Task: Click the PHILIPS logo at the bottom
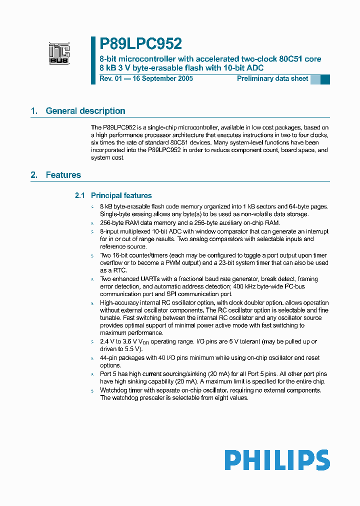coord(276,459)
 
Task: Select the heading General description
coord(85,111)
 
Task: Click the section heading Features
coord(63,175)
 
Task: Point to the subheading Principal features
coord(121,195)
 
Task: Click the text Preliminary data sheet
coord(272,78)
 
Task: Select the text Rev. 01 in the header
coord(110,78)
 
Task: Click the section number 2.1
coord(80,195)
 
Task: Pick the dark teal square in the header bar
coord(325,79)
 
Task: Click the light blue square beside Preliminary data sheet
coord(315,79)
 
